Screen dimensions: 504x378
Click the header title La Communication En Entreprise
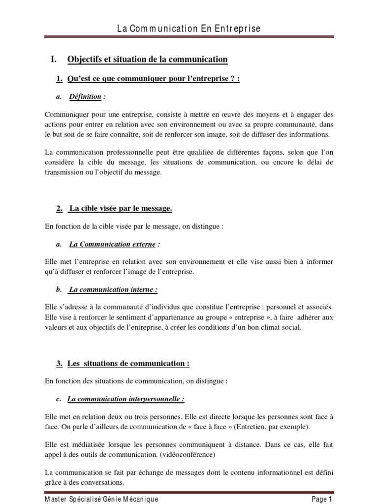(x=189, y=29)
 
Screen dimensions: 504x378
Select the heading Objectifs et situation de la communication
(x=147, y=60)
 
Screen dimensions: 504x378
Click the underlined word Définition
(x=85, y=97)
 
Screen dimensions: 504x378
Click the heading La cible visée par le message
(x=121, y=209)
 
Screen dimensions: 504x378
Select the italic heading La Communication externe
(x=113, y=244)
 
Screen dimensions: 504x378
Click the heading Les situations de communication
(x=128, y=364)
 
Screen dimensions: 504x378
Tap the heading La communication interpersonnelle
(x=126, y=399)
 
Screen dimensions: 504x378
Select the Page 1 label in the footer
(x=322, y=499)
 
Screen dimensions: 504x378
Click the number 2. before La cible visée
(x=60, y=209)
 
